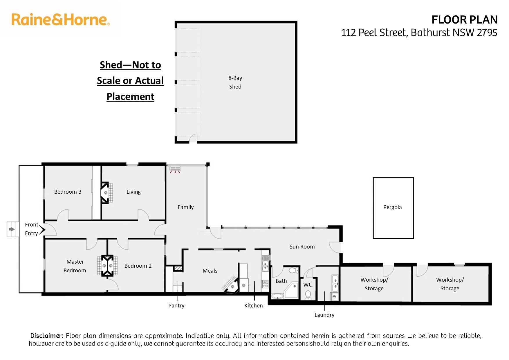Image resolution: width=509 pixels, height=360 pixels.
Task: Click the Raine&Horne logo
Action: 60,20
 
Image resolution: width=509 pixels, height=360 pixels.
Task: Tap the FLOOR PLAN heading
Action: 464,20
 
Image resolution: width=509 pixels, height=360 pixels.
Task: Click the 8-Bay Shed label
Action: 235,82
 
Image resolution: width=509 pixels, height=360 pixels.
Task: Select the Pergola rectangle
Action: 393,208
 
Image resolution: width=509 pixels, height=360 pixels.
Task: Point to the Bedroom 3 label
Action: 68,192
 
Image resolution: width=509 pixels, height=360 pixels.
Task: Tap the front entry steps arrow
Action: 12,229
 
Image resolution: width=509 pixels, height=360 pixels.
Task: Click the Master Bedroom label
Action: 75,266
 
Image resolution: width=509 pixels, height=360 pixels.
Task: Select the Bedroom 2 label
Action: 138,266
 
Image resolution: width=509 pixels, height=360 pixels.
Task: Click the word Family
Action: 185,207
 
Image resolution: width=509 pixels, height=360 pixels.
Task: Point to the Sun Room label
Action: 302,247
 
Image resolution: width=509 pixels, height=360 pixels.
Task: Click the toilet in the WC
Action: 308,295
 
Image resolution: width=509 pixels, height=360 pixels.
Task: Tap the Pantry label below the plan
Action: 176,306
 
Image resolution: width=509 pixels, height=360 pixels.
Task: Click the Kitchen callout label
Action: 253,306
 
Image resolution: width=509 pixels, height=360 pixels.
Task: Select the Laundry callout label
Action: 324,315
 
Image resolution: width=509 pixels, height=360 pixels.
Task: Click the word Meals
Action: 210,271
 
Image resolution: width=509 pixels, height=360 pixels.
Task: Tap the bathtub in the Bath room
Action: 278,296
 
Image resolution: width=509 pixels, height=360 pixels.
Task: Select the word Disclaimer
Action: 46,336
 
